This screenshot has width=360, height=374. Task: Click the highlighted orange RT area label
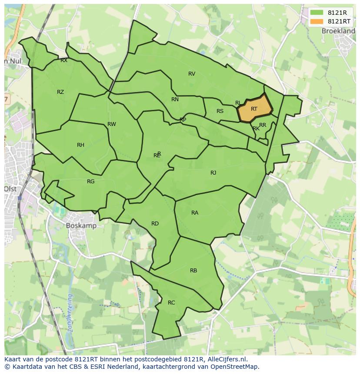point(254,109)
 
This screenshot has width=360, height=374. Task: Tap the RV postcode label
point(192,74)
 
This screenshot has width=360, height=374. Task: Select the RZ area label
point(60,92)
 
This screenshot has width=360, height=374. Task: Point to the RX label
point(64,61)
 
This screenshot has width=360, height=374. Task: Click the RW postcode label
point(112,124)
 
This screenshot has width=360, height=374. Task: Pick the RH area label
point(80,145)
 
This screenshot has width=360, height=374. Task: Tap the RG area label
point(90,182)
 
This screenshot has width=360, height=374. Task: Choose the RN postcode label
point(175,99)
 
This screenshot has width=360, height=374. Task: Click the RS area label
point(220,111)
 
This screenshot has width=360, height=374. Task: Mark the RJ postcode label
point(213,173)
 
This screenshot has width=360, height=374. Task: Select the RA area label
point(195,213)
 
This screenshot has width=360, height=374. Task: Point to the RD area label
point(155,224)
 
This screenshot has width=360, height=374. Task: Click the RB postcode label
point(193,271)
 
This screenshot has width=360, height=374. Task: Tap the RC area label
point(171,303)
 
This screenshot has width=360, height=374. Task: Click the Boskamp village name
point(81,226)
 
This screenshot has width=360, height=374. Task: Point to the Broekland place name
point(338,31)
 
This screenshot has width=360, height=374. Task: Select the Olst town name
point(10,189)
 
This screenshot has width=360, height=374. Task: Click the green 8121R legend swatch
point(316,13)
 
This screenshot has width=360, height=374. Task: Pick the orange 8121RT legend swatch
point(316,21)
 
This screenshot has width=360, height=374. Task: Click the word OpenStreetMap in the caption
point(235,367)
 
